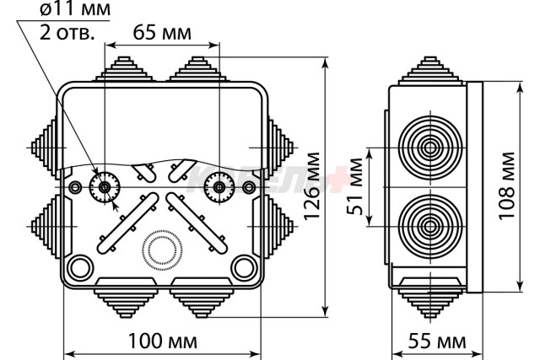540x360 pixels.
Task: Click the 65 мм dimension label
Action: tap(162, 33)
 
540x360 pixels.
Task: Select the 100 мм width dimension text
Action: tap(163, 341)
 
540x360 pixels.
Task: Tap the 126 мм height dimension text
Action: tap(312, 185)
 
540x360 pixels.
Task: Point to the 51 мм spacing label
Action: tap(354, 186)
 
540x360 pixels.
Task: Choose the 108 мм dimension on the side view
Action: tap(506, 185)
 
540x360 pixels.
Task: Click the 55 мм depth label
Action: tap(437, 341)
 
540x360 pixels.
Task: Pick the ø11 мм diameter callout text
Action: tap(75, 9)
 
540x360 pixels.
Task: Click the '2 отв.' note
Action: tap(67, 33)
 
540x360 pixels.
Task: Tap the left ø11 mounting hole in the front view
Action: tap(105, 187)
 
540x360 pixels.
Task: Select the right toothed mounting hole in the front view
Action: tap(219, 187)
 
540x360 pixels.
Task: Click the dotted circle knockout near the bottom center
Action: tap(162, 250)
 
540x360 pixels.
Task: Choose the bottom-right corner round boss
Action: tap(244, 268)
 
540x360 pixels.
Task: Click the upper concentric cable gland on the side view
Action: tap(430, 148)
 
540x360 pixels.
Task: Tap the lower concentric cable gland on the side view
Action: tap(430, 227)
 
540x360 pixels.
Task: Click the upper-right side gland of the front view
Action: tap(279, 148)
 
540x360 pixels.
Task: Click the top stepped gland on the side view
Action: tap(430, 71)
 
